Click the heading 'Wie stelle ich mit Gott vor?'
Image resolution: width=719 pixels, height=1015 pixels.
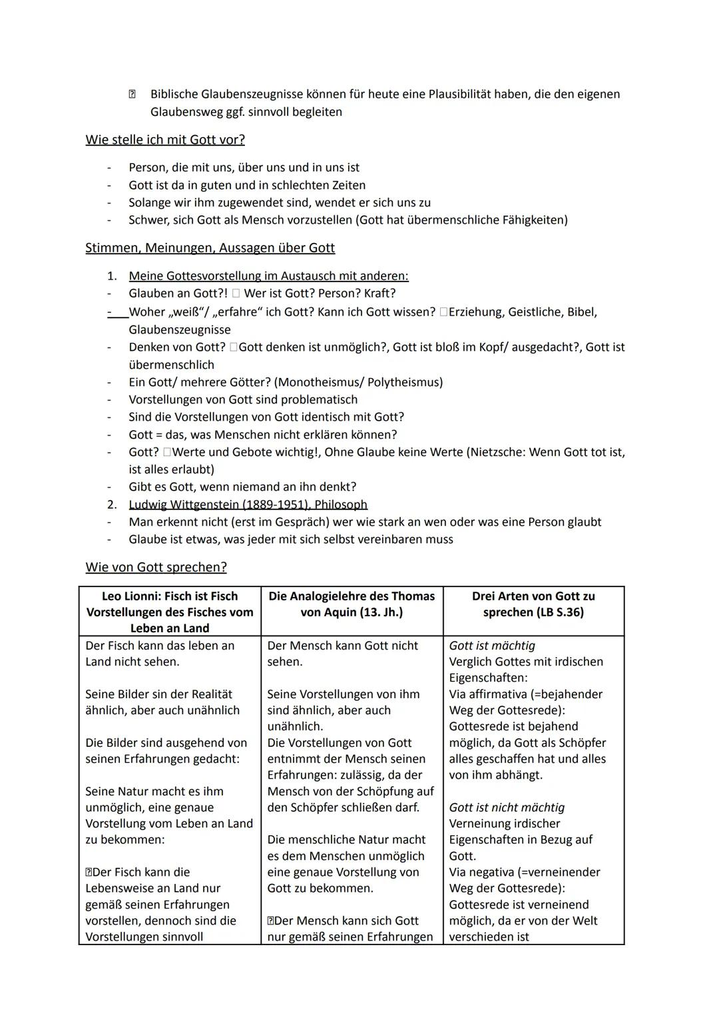coord(165,140)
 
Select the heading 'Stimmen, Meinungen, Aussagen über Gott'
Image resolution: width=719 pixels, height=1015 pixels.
coord(210,248)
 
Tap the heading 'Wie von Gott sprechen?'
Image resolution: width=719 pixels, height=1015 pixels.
coord(156,567)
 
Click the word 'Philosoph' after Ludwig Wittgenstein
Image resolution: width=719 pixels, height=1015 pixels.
coord(341,505)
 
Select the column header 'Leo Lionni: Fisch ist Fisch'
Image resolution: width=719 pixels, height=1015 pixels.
coord(170,596)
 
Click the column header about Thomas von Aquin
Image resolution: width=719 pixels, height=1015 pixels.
coord(352,604)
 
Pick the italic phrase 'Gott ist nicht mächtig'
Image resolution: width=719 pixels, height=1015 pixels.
coord(507,807)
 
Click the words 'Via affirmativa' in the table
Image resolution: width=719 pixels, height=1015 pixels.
coord(488,694)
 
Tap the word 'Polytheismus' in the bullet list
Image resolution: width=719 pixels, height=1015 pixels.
coord(403,383)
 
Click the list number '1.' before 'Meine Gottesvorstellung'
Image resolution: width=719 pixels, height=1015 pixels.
coord(113,276)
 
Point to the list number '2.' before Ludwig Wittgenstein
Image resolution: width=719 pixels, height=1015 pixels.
coord(113,505)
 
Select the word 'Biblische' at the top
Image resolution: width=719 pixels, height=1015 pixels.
coord(176,95)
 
